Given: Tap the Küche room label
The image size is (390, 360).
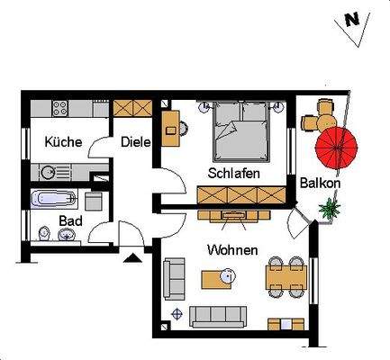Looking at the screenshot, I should click(x=63, y=142).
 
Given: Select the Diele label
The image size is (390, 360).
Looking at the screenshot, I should click(x=135, y=141).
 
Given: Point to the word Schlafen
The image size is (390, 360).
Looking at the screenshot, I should click(x=234, y=172).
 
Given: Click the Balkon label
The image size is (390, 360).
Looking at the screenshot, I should click(x=319, y=185).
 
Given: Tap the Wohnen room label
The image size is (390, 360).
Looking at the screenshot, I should click(x=232, y=249).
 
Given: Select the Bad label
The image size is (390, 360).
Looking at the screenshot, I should click(x=71, y=220).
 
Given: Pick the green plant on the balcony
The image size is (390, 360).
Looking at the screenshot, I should click(x=331, y=209).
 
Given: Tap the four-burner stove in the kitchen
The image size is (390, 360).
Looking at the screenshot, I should click(x=61, y=108).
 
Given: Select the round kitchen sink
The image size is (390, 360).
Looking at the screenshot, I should click(x=48, y=171).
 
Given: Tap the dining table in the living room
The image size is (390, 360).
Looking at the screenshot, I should click(x=284, y=277).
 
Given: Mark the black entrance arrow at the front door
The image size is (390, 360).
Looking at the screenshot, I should click(x=134, y=258).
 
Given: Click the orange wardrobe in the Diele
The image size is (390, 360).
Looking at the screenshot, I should click(x=134, y=108).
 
